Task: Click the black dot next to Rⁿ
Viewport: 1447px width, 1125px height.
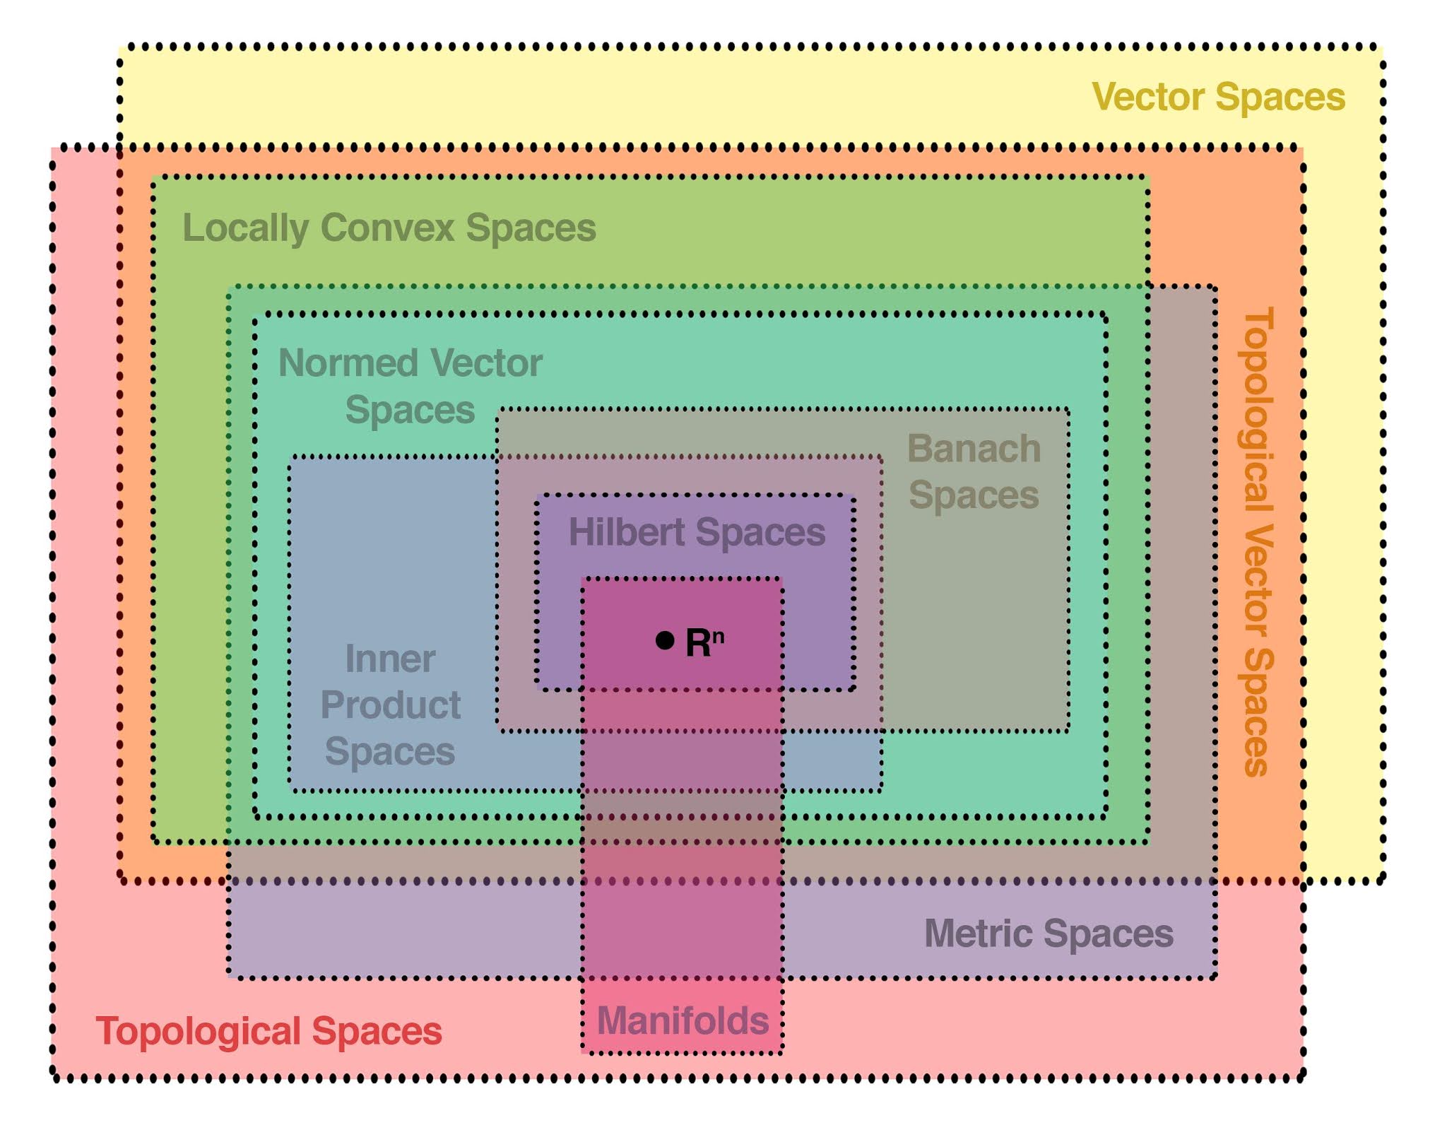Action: point(664,640)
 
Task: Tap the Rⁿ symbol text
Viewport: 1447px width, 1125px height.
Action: point(704,642)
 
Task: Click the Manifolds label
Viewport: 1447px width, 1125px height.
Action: point(683,1020)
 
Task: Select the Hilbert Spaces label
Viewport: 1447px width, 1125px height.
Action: point(697,532)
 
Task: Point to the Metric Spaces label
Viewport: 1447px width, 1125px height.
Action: point(1049,933)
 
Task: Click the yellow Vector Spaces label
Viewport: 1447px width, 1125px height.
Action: point(1218,97)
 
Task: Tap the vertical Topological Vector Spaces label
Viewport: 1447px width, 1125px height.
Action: point(1258,541)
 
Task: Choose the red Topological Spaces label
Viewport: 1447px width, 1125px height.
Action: point(268,1031)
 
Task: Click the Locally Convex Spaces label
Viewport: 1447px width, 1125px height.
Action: point(389,228)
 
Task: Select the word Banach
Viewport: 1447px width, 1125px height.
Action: point(974,449)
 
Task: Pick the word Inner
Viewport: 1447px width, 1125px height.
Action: point(390,659)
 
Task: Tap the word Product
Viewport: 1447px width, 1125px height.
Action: point(390,705)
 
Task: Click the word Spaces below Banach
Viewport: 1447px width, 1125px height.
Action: point(974,495)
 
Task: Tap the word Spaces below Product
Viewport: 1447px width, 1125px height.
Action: point(390,751)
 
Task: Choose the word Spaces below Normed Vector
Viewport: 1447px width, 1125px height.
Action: point(410,410)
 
